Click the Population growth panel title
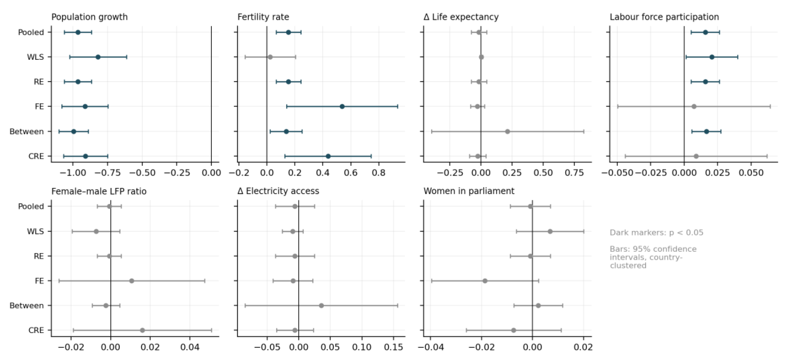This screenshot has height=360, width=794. pos(89,17)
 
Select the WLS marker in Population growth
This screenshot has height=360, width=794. pos(98,57)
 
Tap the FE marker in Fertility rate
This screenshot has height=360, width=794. pos(342,107)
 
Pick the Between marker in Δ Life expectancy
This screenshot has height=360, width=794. pos(507,132)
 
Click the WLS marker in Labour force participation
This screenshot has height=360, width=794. pos(712,57)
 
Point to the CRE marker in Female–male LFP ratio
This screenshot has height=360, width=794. pos(142,330)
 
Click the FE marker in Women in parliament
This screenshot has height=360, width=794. pos(485,281)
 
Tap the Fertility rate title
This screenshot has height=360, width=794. pos(263,17)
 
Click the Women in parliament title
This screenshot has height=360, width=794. pos(469,191)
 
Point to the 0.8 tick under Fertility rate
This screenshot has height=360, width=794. pos(379,173)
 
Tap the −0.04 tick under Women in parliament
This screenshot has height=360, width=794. pos(431,347)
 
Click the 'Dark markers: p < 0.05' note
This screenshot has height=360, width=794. pos(656,233)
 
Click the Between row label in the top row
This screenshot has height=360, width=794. pos(27,132)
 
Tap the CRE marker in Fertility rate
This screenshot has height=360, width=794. pos(328,156)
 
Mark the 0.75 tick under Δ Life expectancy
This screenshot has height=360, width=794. pos(574,173)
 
